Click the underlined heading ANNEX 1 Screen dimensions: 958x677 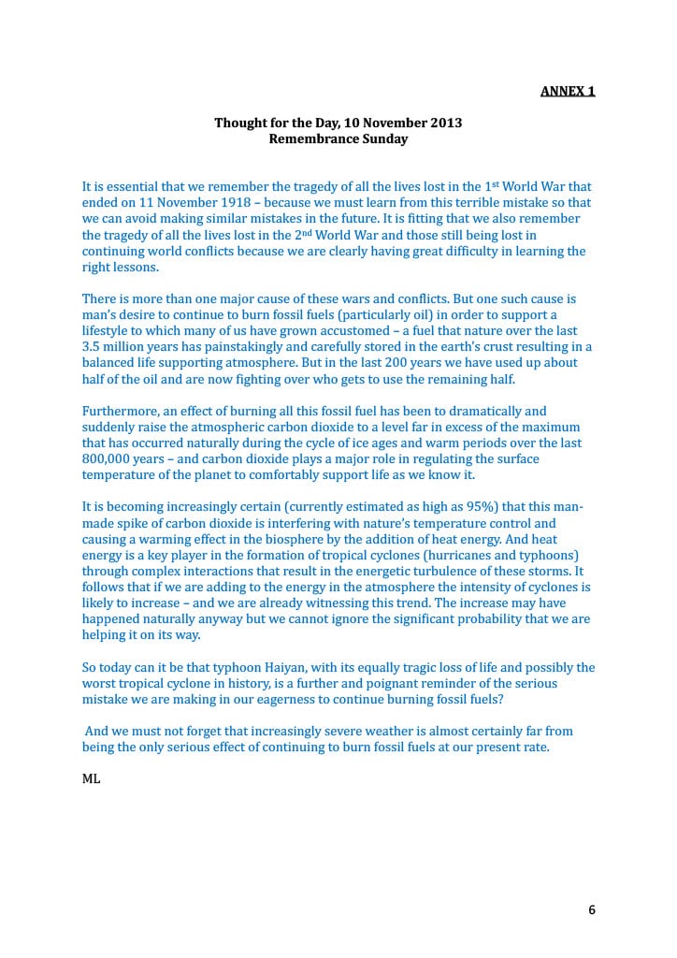point(569,91)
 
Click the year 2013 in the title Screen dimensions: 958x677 point(443,123)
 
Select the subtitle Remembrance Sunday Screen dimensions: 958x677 point(338,138)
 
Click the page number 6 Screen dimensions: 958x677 point(592,909)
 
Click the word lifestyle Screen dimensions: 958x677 point(108,330)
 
